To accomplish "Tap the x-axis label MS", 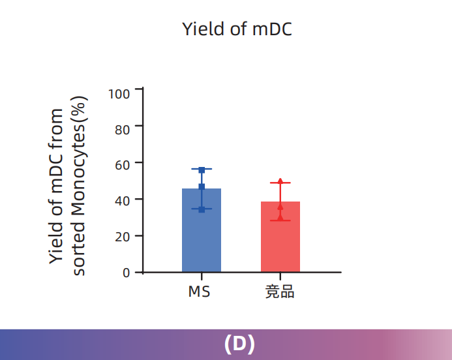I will tap(200, 292).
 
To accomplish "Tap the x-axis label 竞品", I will tap(280, 292).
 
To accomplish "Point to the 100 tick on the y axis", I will tap(120, 93).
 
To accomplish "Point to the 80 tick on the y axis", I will tap(123, 129).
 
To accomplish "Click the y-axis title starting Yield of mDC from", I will tap(57, 186).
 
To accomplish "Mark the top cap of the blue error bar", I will tap(202, 169).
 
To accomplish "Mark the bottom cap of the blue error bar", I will tap(202, 209).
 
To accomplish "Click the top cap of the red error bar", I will tap(280, 183).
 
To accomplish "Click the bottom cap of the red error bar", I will tap(280, 220).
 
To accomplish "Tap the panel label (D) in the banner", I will tap(239, 344).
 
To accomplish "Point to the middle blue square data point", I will tap(202, 187).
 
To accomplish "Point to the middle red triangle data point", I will tap(280, 207).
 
